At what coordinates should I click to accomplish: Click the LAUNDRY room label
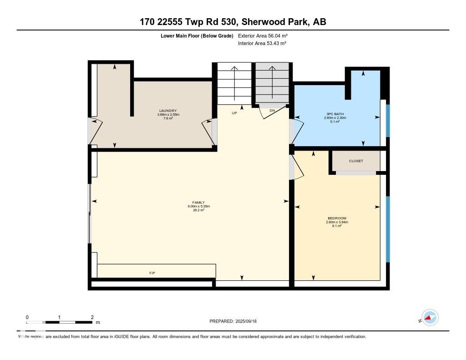[168, 111]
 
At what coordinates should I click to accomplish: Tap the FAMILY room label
[198, 203]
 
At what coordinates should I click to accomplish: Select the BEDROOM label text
[337, 218]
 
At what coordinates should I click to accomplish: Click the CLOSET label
[356, 161]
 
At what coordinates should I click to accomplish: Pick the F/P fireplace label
[152, 273]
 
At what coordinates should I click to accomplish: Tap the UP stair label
[235, 113]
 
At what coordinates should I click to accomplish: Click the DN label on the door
[272, 111]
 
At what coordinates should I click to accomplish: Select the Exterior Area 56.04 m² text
[263, 35]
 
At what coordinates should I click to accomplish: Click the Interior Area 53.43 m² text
[262, 43]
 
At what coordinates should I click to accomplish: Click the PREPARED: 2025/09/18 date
[236, 321]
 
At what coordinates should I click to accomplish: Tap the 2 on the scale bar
[92, 317]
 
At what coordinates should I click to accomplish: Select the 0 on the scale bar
[27, 317]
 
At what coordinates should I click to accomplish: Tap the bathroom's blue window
[388, 121]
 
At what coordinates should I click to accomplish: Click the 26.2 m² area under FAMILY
[198, 210]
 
